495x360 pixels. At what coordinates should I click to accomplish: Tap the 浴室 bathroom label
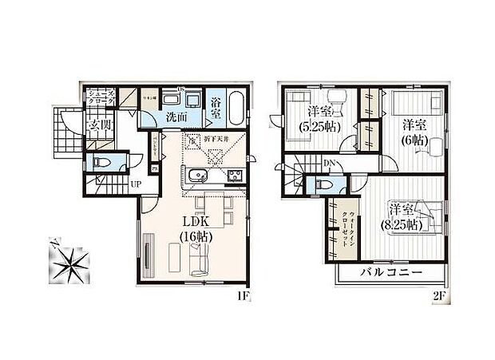(x=216, y=108)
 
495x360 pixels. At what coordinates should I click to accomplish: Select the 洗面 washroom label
(x=176, y=117)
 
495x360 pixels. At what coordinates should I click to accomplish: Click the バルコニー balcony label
(x=390, y=273)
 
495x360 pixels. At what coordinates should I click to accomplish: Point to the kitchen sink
(x=199, y=176)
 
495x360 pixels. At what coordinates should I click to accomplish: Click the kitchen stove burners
(x=234, y=176)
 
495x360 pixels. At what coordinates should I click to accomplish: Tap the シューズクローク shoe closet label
(x=101, y=98)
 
